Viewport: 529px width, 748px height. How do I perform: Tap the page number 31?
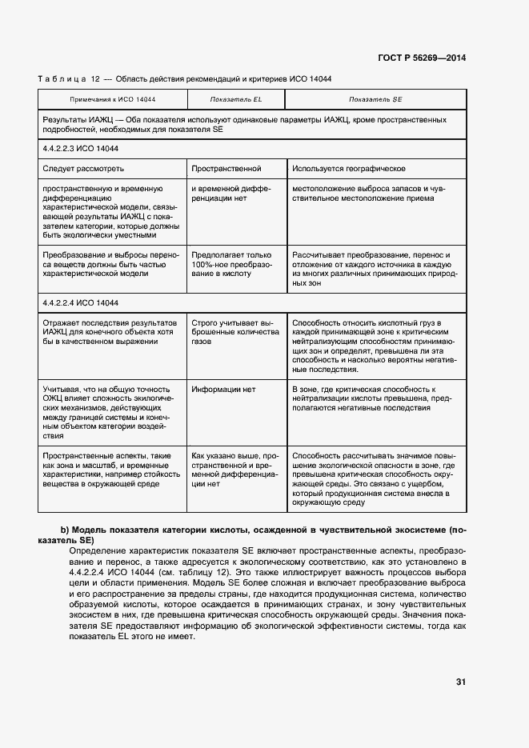(460, 682)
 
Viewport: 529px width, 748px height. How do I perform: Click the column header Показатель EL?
(236, 98)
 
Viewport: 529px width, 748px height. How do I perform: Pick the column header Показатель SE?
(375, 98)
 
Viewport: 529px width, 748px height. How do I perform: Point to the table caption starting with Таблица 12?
(185, 78)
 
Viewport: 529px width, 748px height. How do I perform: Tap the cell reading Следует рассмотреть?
(83, 169)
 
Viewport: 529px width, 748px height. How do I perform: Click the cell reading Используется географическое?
(348, 169)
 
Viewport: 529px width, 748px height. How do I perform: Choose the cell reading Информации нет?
(223, 390)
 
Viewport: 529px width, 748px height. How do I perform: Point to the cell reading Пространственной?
(226, 169)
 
